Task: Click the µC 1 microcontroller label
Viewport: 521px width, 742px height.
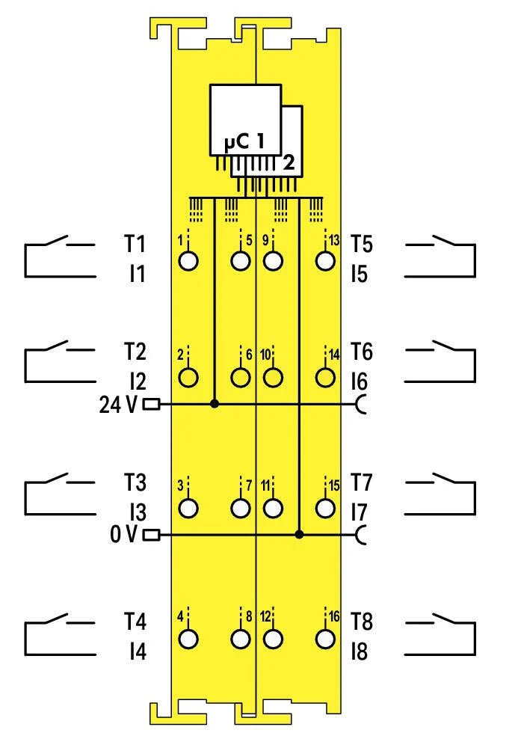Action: pyautogui.click(x=246, y=140)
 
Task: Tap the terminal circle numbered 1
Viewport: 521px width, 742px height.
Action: pyautogui.click(x=190, y=261)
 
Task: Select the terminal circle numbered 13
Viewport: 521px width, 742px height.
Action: pyautogui.click(x=324, y=261)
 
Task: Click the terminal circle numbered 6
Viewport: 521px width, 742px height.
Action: pyautogui.click(x=240, y=377)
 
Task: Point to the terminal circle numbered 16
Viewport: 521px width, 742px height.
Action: pyautogui.click(x=324, y=639)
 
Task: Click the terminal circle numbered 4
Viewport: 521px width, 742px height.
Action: pyautogui.click(x=190, y=639)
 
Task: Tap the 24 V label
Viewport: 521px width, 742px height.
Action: pyautogui.click(x=119, y=405)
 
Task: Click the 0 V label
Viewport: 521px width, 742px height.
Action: pyautogui.click(x=123, y=535)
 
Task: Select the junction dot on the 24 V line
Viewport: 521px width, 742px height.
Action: pyautogui.click(x=215, y=404)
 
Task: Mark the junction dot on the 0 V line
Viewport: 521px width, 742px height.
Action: pyautogui.click(x=299, y=535)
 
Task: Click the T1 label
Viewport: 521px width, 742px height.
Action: pyautogui.click(x=135, y=245)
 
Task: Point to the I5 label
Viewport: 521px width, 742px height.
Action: pyautogui.click(x=360, y=275)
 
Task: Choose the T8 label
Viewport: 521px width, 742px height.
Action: pyautogui.click(x=362, y=622)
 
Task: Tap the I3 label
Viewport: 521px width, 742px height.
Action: pyautogui.click(x=135, y=512)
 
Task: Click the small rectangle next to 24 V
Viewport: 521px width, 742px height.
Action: pyautogui.click(x=151, y=405)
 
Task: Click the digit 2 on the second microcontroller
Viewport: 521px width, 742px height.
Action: pyautogui.click(x=289, y=162)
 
